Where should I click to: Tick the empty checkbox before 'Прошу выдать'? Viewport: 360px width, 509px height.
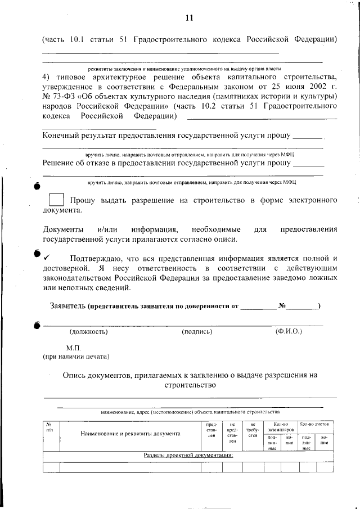point(56,200)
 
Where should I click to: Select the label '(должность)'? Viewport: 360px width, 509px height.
point(88,332)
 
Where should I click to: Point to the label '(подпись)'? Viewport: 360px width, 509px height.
point(197,332)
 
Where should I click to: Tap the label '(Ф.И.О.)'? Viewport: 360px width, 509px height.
point(289,331)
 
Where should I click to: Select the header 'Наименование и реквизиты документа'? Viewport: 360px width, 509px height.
point(130,434)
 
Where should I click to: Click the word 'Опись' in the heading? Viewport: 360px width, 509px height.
point(75,375)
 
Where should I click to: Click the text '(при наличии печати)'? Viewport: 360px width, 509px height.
point(76,357)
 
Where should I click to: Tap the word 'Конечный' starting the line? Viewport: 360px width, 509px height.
point(62,136)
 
